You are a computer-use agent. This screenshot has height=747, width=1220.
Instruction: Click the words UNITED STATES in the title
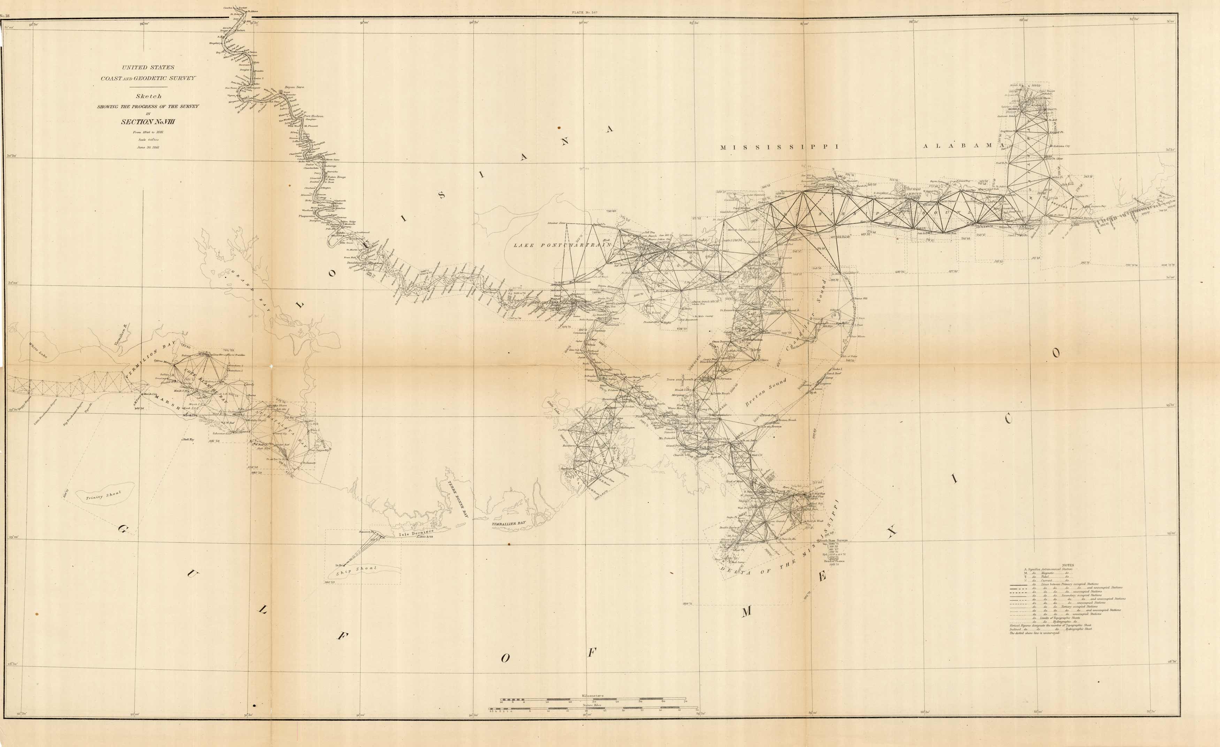[x=148, y=67]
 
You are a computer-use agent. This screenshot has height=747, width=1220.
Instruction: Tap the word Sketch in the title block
[x=148, y=96]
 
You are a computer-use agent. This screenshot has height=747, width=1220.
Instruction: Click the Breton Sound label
[x=765, y=392]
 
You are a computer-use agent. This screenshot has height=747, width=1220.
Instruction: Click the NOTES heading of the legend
[x=1063, y=565]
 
